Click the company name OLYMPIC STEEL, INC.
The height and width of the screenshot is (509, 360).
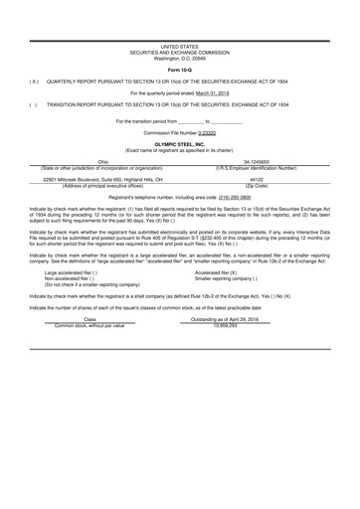[x=179, y=143]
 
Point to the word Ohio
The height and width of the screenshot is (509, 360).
[x=102, y=162]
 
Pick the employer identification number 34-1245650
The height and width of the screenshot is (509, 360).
[x=256, y=162]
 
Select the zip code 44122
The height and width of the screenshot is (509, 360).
[x=256, y=180]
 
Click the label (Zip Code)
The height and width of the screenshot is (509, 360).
[x=256, y=186]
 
